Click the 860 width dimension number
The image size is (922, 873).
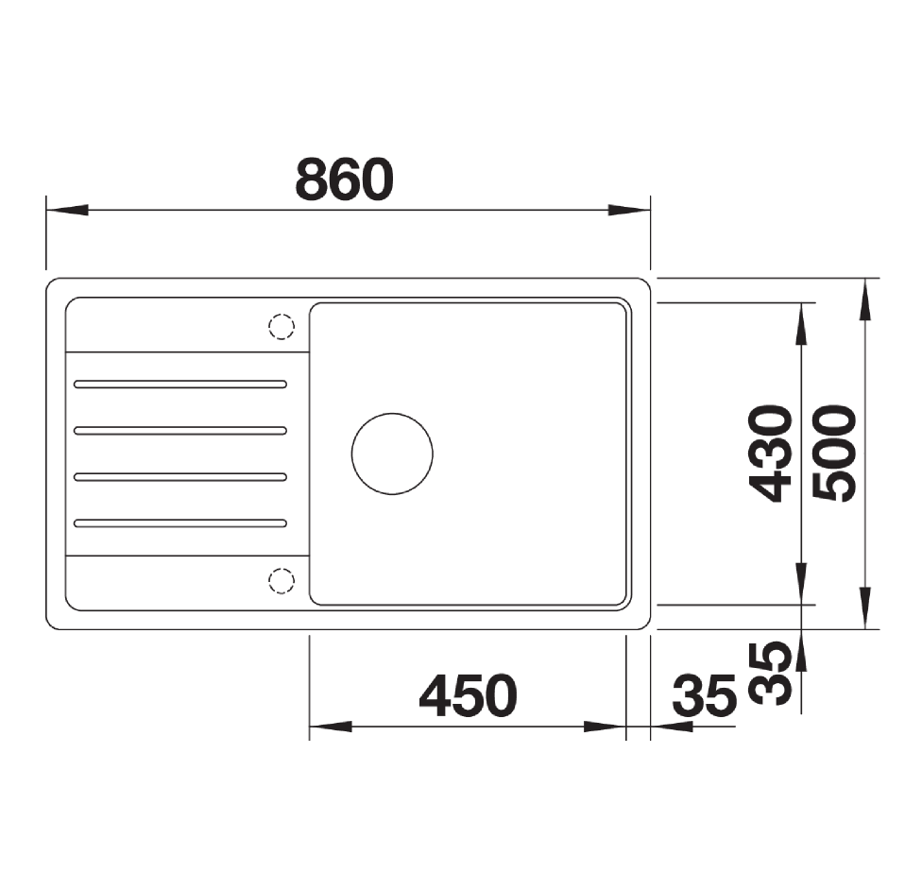pyautogui.click(x=344, y=179)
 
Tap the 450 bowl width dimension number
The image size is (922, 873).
pyautogui.click(x=468, y=695)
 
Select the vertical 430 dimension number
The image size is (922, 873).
pyautogui.click(x=770, y=454)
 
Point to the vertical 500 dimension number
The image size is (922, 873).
pyautogui.click(x=834, y=454)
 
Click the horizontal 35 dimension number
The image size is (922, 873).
pyautogui.click(x=705, y=695)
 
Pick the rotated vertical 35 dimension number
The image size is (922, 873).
pyautogui.click(x=770, y=673)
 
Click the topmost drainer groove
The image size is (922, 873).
pyautogui.click(x=179, y=385)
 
